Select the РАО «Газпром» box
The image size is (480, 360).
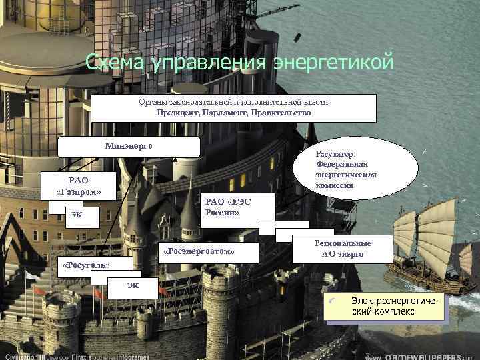[75, 186]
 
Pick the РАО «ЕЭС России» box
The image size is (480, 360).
[236, 207]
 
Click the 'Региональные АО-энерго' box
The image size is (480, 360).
[343, 249]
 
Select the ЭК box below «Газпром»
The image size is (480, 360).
[79, 215]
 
